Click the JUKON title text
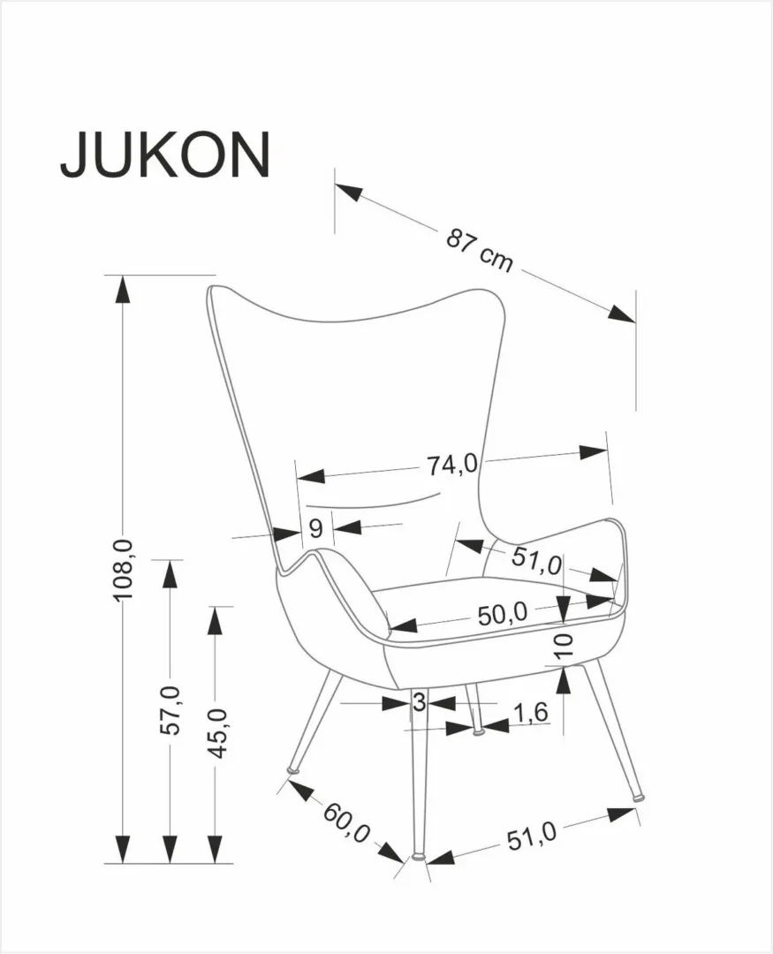pos(164,155)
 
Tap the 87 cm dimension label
pos(479,249)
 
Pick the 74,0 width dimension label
pos(452,465)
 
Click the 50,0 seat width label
pos(502,613)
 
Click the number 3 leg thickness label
pos(419,703)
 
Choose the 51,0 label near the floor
pos(532,834)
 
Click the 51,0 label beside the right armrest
pos(536,560)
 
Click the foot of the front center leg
pos(418,855)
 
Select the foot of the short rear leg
pos(479,731)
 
